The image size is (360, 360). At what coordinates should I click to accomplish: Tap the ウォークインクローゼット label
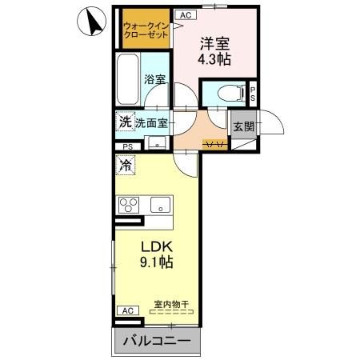(x=145, y=30)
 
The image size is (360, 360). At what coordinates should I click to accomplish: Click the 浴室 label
(x=154, y=79)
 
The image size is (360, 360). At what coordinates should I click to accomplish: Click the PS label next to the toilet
(x=253, y=94)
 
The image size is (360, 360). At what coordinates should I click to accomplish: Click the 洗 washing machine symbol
(x=124, y=122)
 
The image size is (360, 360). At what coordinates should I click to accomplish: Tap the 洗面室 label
(x=150, y=123)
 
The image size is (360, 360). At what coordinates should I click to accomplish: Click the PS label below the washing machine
(x=129, y=146)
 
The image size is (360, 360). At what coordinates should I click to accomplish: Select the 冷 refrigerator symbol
(x=126, y=165)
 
